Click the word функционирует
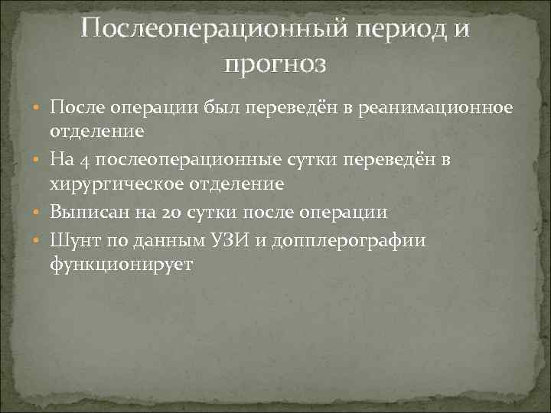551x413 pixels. (x=121, y=264)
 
